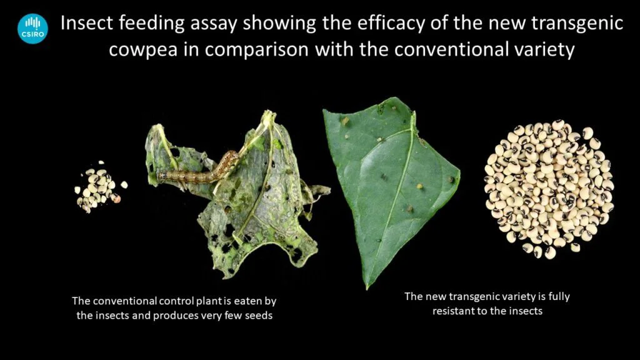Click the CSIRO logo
(x=32, y=29)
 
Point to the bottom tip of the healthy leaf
(x=367, y=289)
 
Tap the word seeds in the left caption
(x=259, y=316)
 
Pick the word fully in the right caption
(x=559, y=297)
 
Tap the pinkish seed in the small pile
(x=117, y=199)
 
